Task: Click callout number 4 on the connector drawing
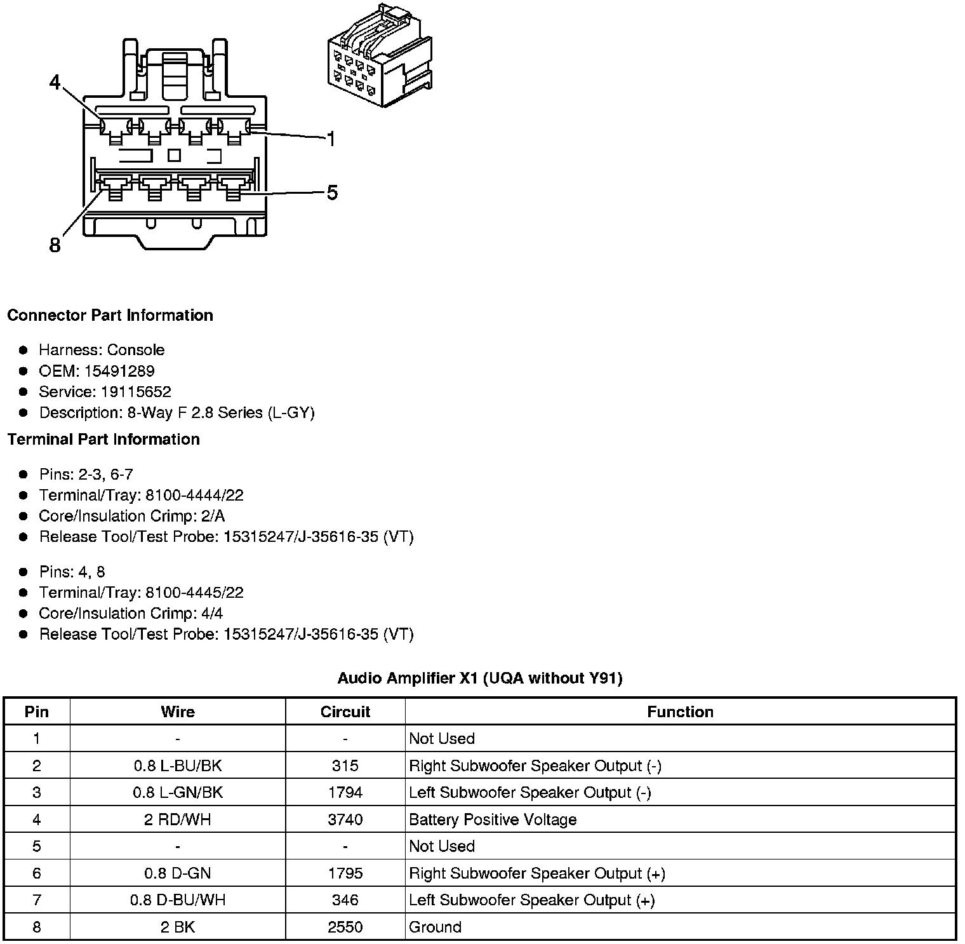coord(55,83)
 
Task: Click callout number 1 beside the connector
coord(330,138)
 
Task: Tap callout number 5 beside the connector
coord(332,192)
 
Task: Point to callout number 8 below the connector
coord(55,245)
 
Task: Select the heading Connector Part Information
coord(110,316)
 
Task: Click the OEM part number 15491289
coord(119,371)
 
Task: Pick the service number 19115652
coord(136,392)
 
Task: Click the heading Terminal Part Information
coord(103,440)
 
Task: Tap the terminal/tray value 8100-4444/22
coord(194,496)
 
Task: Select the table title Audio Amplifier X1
coord(479,678)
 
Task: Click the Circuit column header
coord(345,712)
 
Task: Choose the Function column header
coord(680,712)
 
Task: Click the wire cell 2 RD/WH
coord(177,819)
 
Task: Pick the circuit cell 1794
coord(345,793)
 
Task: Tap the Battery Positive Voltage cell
coord(493,819)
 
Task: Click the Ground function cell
coord(435,927)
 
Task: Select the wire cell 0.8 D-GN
coord(177,873)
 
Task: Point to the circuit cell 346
coord(345,900)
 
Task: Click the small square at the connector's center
coord(174,155)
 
